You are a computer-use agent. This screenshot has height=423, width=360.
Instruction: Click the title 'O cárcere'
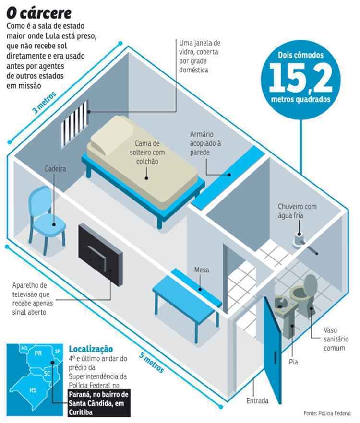(39, 12)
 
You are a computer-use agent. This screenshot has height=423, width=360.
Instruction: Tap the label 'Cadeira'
(55, 169)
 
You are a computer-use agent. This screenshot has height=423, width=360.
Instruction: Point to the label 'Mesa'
(202, 270)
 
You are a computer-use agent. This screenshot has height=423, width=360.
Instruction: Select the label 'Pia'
(293, 362)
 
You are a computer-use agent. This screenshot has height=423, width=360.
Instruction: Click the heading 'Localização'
(91, 349)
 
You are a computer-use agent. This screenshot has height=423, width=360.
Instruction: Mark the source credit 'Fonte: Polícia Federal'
(327, 413)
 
